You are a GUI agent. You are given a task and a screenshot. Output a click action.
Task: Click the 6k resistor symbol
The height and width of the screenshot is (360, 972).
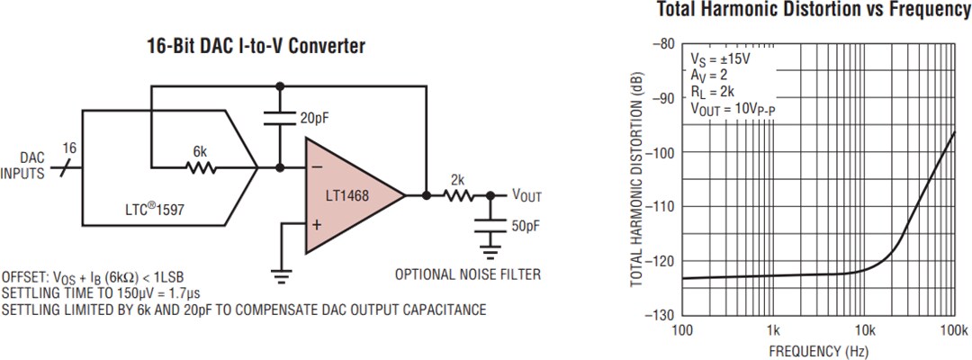(200, 166)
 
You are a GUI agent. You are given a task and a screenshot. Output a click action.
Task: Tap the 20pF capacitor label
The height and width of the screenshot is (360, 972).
(314, 118)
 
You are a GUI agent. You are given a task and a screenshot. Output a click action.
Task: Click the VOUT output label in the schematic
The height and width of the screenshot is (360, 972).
(526, 195)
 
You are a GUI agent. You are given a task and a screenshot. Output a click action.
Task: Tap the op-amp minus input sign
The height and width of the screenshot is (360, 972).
(317, 166)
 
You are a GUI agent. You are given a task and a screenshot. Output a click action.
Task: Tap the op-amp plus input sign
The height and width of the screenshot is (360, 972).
(317, 223)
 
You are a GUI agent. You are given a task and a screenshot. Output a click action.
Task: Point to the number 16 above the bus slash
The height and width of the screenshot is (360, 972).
(69, 147)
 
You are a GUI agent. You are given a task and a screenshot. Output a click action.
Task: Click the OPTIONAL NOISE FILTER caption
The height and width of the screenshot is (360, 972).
(468, 274)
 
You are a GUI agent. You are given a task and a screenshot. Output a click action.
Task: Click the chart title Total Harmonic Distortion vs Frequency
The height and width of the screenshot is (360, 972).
(813, 10)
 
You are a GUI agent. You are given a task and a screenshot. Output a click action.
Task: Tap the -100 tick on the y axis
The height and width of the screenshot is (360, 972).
(662, 152)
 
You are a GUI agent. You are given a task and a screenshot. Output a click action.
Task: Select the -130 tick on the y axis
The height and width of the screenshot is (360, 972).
(662, 315)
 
